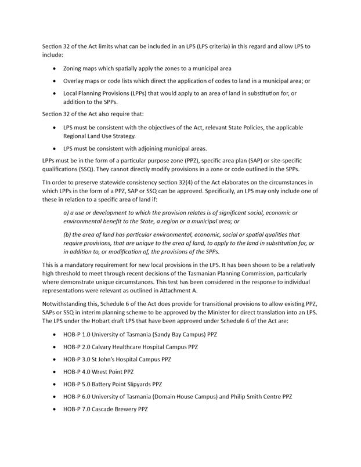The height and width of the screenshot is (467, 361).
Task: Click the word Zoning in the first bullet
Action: (75, 68)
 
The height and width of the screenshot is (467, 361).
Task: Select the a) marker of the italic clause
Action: (66, 213)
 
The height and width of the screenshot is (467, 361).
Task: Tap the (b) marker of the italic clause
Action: (68, 234)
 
